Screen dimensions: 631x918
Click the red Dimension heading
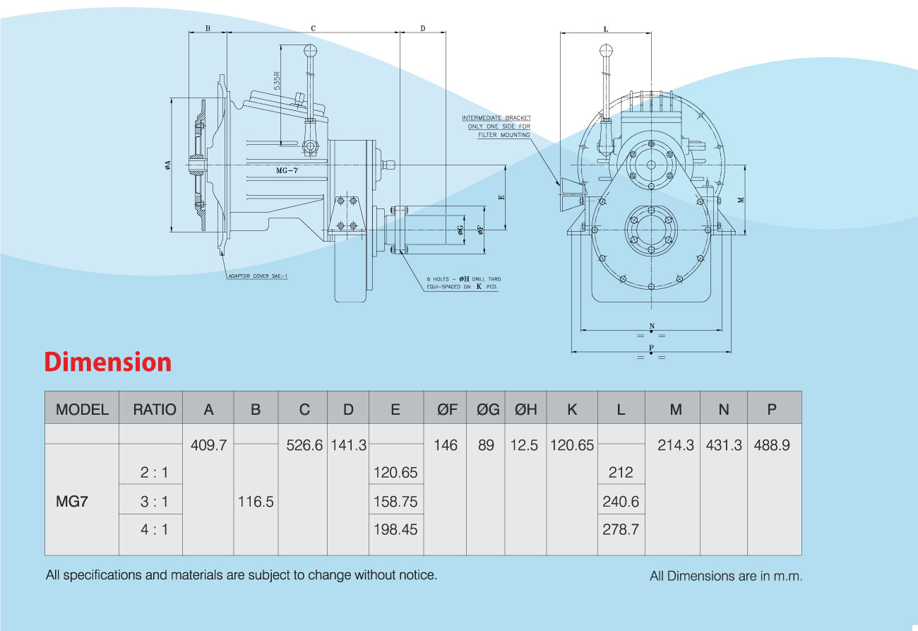(x=108, y=362)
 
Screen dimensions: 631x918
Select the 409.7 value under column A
(x=208, y=445)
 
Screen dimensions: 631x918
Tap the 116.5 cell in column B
(x=256, y=502)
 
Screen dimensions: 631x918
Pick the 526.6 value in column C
(x=304, y=445)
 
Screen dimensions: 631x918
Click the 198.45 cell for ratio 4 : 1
(x=395, y=529)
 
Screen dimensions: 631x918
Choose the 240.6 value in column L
(x=621, y=502)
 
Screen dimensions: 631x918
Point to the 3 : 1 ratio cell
(x=154, y=502)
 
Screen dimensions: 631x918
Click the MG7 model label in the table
(x=73, y=502)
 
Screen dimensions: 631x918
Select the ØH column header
(x=525, y=408)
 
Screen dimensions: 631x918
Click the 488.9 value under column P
(x=772, y=445)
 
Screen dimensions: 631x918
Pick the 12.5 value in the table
(x=524, y=445)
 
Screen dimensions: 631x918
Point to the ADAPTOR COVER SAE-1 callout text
(x=257, y=276)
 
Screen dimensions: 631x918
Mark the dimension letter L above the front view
(x=606, y=29)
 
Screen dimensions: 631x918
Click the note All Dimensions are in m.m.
(x=725, y=576)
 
